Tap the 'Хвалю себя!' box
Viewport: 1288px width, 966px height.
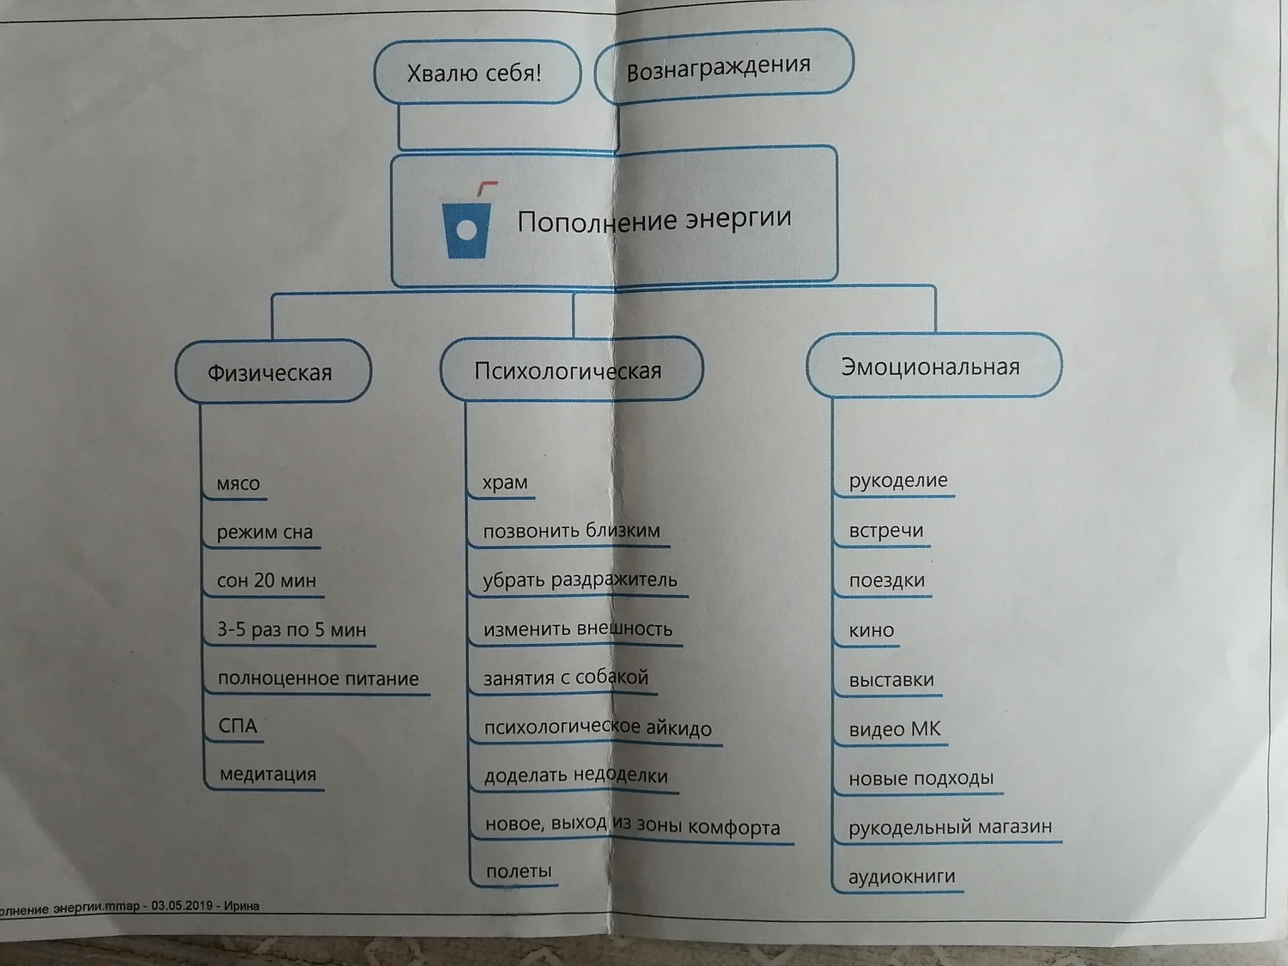477,72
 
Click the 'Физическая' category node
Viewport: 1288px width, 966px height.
273,372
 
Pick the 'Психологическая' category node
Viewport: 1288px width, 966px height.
572,369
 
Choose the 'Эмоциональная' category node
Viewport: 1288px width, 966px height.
933,366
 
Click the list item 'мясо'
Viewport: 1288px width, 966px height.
238,483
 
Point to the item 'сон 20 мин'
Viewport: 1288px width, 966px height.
266,580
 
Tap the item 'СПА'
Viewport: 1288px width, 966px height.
238,726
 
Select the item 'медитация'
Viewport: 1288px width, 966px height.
268,775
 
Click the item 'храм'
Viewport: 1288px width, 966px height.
505,482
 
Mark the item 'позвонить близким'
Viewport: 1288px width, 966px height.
572,531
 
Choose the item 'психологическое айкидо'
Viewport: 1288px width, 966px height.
598,727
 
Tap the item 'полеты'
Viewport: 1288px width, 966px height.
519,872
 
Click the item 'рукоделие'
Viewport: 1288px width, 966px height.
898,480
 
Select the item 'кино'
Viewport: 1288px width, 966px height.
872,630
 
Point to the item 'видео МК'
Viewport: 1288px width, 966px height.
895,729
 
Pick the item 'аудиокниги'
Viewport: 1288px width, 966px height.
902,876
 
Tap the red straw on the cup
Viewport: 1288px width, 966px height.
486,189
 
